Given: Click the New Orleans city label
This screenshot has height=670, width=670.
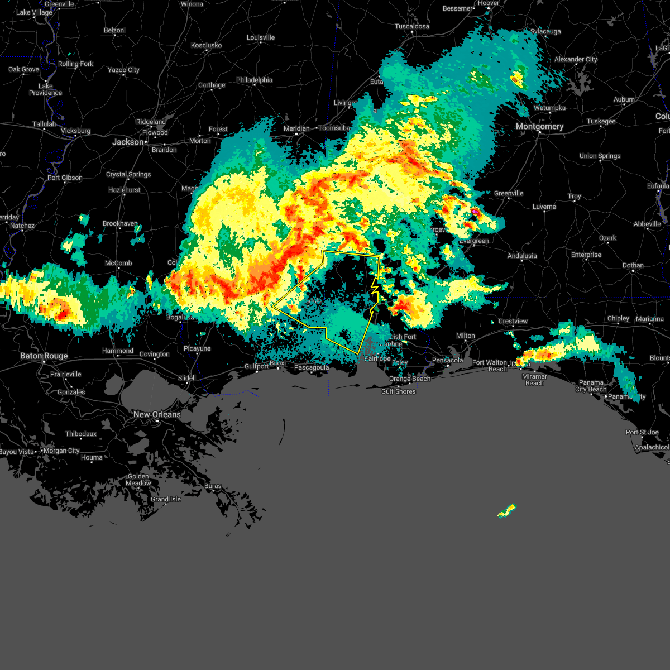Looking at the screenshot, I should click(157, 414).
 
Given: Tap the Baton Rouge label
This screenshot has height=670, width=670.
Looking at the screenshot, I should click(44, 356).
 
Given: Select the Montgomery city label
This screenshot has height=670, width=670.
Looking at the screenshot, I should click(539, 126).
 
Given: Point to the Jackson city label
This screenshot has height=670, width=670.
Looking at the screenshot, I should click(128, 142).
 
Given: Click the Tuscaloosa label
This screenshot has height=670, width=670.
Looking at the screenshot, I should click(412, 26).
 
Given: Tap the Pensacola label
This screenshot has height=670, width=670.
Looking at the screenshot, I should click(448, 360).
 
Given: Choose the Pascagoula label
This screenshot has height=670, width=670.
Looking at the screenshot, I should click(312, 367).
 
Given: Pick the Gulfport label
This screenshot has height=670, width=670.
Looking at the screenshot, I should click(257, 366).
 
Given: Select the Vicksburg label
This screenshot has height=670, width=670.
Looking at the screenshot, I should click(75, 131).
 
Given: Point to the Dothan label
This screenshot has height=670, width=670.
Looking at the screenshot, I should click(633, 265).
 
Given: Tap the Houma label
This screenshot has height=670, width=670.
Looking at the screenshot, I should click(92, 457).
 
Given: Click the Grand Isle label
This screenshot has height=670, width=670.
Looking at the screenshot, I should click(166, 499).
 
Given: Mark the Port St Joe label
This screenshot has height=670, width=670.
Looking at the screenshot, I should click(642, 432).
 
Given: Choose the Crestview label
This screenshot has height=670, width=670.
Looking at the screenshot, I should click(513, 321).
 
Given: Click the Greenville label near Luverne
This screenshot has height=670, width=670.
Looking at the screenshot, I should click(509, 193).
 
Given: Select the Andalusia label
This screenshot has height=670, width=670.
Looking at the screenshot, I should click(522, 256).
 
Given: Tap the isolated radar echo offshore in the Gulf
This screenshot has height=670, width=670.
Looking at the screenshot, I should click(507, 510).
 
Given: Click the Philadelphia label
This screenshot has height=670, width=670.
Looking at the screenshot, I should click(254, 80).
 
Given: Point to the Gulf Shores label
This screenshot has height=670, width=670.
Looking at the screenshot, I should click(398, 391).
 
